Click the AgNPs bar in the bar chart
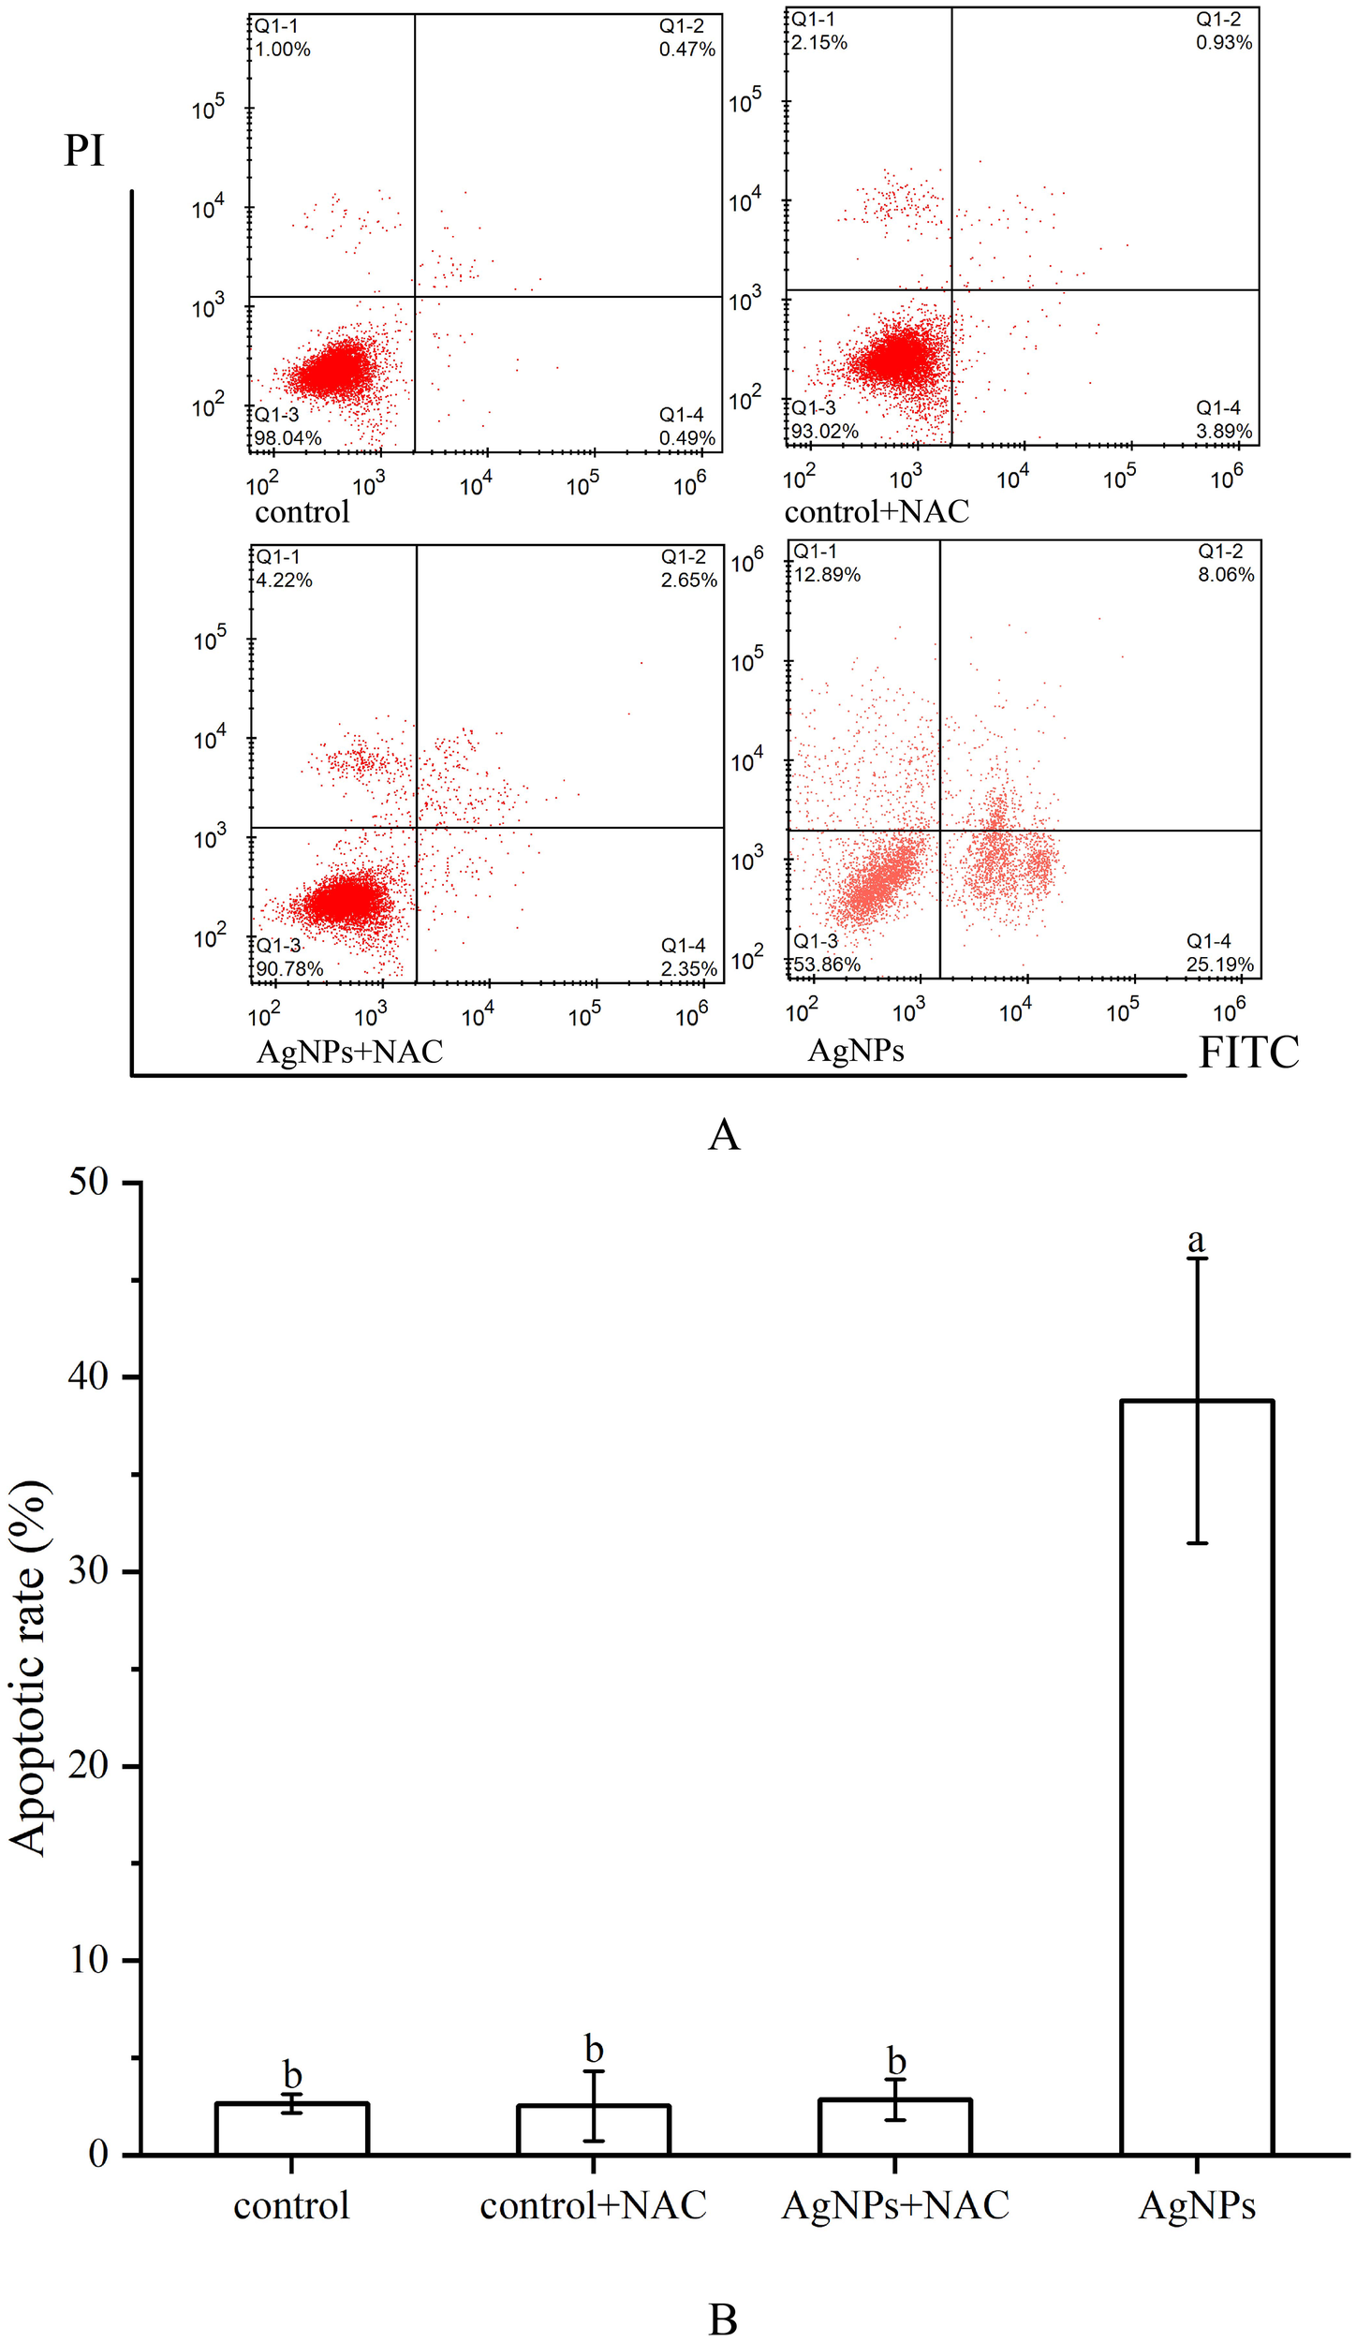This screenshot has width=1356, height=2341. tap(1196, 1779)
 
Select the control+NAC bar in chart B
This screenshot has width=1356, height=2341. tap(593, 2131)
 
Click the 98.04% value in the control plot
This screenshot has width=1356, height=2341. tap(287, 438)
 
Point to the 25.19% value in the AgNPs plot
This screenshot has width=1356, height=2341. tap(1219, 964)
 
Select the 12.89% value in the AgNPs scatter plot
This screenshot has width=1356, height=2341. tap(826, 574)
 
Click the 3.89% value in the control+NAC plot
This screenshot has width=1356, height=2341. tap(1223, 431)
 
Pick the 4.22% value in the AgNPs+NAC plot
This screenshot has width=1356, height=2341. tap(284, 580)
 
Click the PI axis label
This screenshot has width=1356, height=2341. tap(83, 151)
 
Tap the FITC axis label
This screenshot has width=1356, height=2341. tap(1248, 1053)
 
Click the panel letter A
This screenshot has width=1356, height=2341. tap(724, 1136)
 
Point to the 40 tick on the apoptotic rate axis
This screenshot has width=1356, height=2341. tap(88, 1377)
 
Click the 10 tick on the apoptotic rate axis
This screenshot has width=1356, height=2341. tap(88, 1960)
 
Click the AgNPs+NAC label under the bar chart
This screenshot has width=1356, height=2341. tap(895, 2206)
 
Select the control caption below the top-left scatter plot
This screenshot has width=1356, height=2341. tap(302, 512)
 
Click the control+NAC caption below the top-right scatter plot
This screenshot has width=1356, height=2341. tap(877, 511)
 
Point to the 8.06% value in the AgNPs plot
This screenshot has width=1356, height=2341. tap(1225, 574)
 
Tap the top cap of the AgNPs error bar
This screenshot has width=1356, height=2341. tap(1197, 1259)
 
